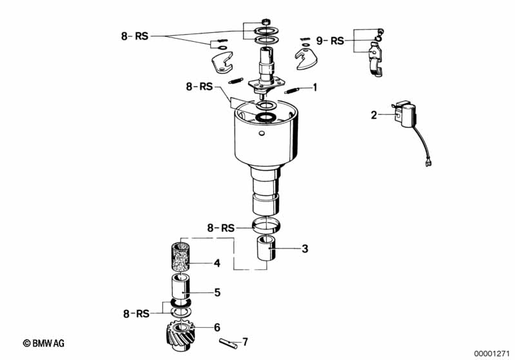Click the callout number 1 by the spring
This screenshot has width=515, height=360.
pyautogui.click(x=315, y=88)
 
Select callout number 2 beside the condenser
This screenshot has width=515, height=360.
pyautogui.click(x=374, y=115)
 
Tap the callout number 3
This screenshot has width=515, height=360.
pyautogui.click(x=305, y=249)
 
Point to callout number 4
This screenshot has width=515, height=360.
pyautogui.click(x=217, y=263)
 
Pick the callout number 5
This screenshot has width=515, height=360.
pyautogui.click(x=217, y=292)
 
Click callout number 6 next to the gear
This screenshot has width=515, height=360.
pyautogui.click(x=217, y=327)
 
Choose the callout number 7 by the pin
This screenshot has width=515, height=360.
pyautogui.click(x=245, y=342)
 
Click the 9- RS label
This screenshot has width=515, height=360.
pyautogui.click(x=330, y=41)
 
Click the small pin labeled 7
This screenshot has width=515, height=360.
pyautogui.click(x=229, y=344)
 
